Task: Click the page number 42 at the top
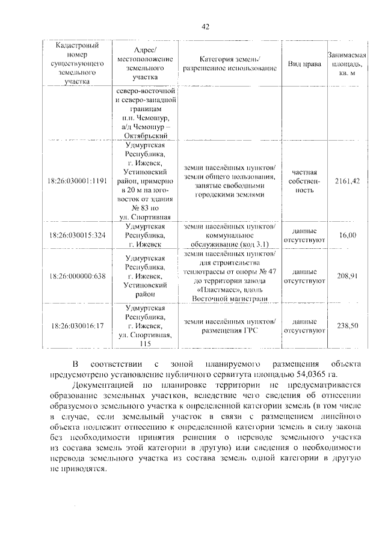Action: coord(205,26)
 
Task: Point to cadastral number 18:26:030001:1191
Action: coord(78,180)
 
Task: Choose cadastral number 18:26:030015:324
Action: coord(78,235)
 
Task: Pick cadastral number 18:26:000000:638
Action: coord(78,276)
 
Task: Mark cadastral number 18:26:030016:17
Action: coord(78,326)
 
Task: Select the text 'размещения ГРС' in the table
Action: coord(230,331)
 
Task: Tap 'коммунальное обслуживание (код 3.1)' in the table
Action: coord(230,239)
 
